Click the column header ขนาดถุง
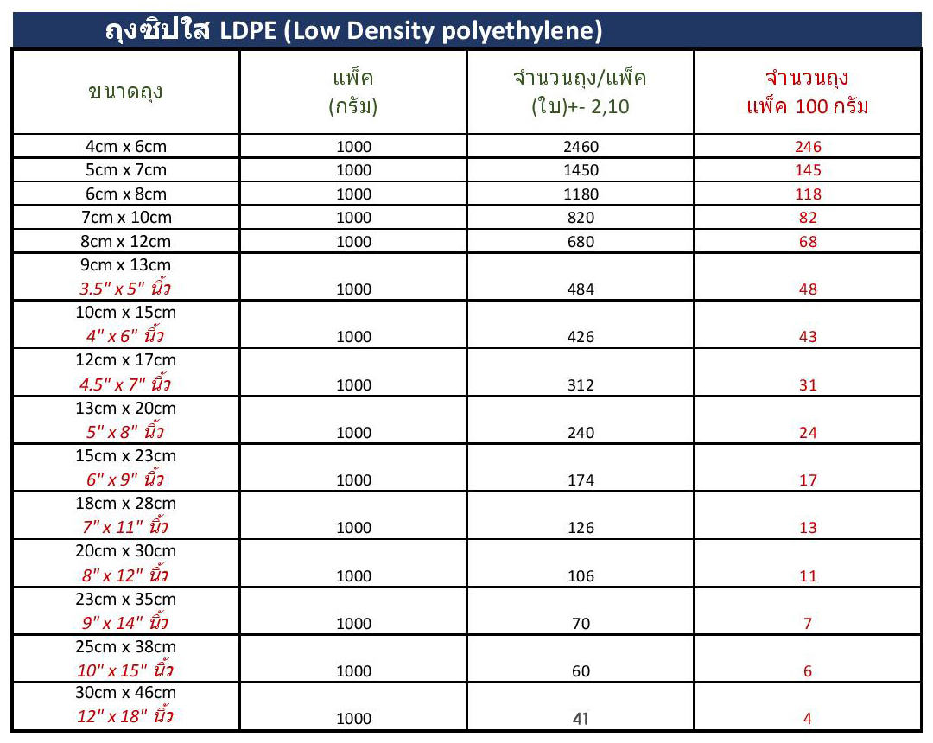[x=126, y=92]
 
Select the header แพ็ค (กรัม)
[x=353, y=92]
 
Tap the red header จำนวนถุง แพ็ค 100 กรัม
[x=808, y=92]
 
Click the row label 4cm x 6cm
[x=126, y=146]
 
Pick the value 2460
[x=581, y=147]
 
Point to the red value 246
[x=808, y=147]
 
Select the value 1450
[x=581, y=170]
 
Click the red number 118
[x=808, y=194]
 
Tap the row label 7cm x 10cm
[x=126, y=217]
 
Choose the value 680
[x=581, y=242]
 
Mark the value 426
[x=581, y=337]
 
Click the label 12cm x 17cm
[x=126, y=360]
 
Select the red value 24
[x=808, y=433]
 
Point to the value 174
[x=581, y=480]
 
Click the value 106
[x=581, y=576]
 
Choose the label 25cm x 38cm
[x=126, y=646]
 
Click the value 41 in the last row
[x=581, y=719]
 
